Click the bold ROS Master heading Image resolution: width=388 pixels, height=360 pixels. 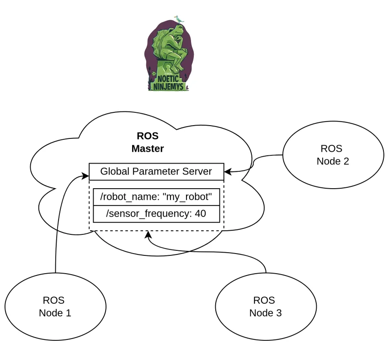tap(148, 142)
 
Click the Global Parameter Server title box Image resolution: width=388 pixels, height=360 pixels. tap(156, 171)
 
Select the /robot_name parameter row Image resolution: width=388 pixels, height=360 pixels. tap(156, 197)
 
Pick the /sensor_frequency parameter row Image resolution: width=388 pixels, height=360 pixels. tap(156, 213)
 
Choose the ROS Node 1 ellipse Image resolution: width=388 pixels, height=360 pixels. tap(55, 307)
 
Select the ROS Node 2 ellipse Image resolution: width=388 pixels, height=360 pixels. tap(333, 155)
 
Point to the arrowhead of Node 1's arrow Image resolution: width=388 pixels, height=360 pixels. tap(86, 175)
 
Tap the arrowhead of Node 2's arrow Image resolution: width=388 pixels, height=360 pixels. tap(227, 172)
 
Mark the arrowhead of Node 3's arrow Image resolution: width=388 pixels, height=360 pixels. tap(148, 234)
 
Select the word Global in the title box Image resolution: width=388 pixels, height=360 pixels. tap(113, 171)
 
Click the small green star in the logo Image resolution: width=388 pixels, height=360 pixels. tap(155, 73)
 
